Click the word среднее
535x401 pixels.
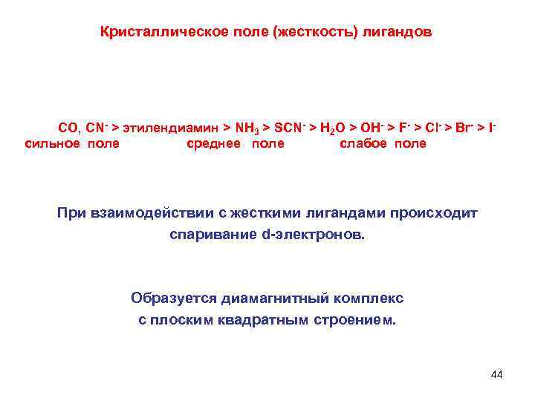coord(213,144)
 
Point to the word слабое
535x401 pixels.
coord(363,144)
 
